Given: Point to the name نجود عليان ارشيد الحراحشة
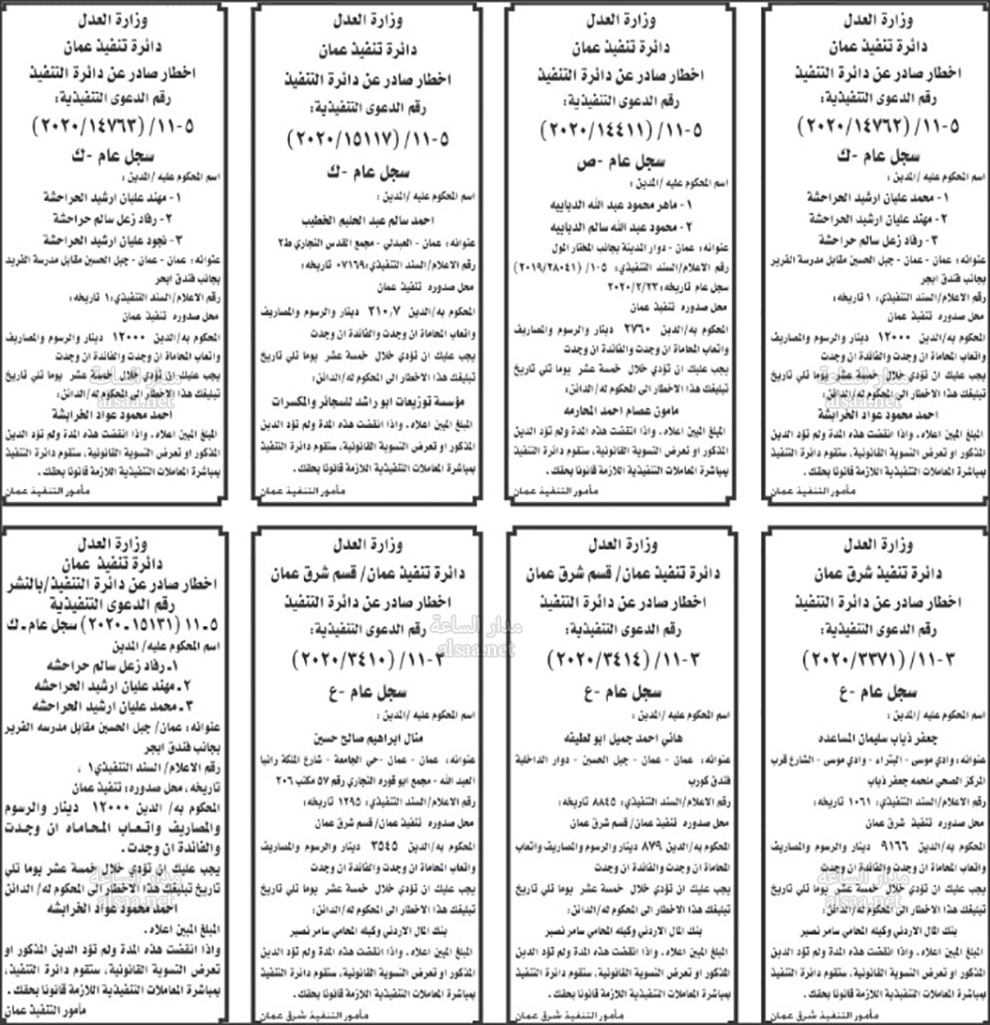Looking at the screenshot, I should (117, 239).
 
